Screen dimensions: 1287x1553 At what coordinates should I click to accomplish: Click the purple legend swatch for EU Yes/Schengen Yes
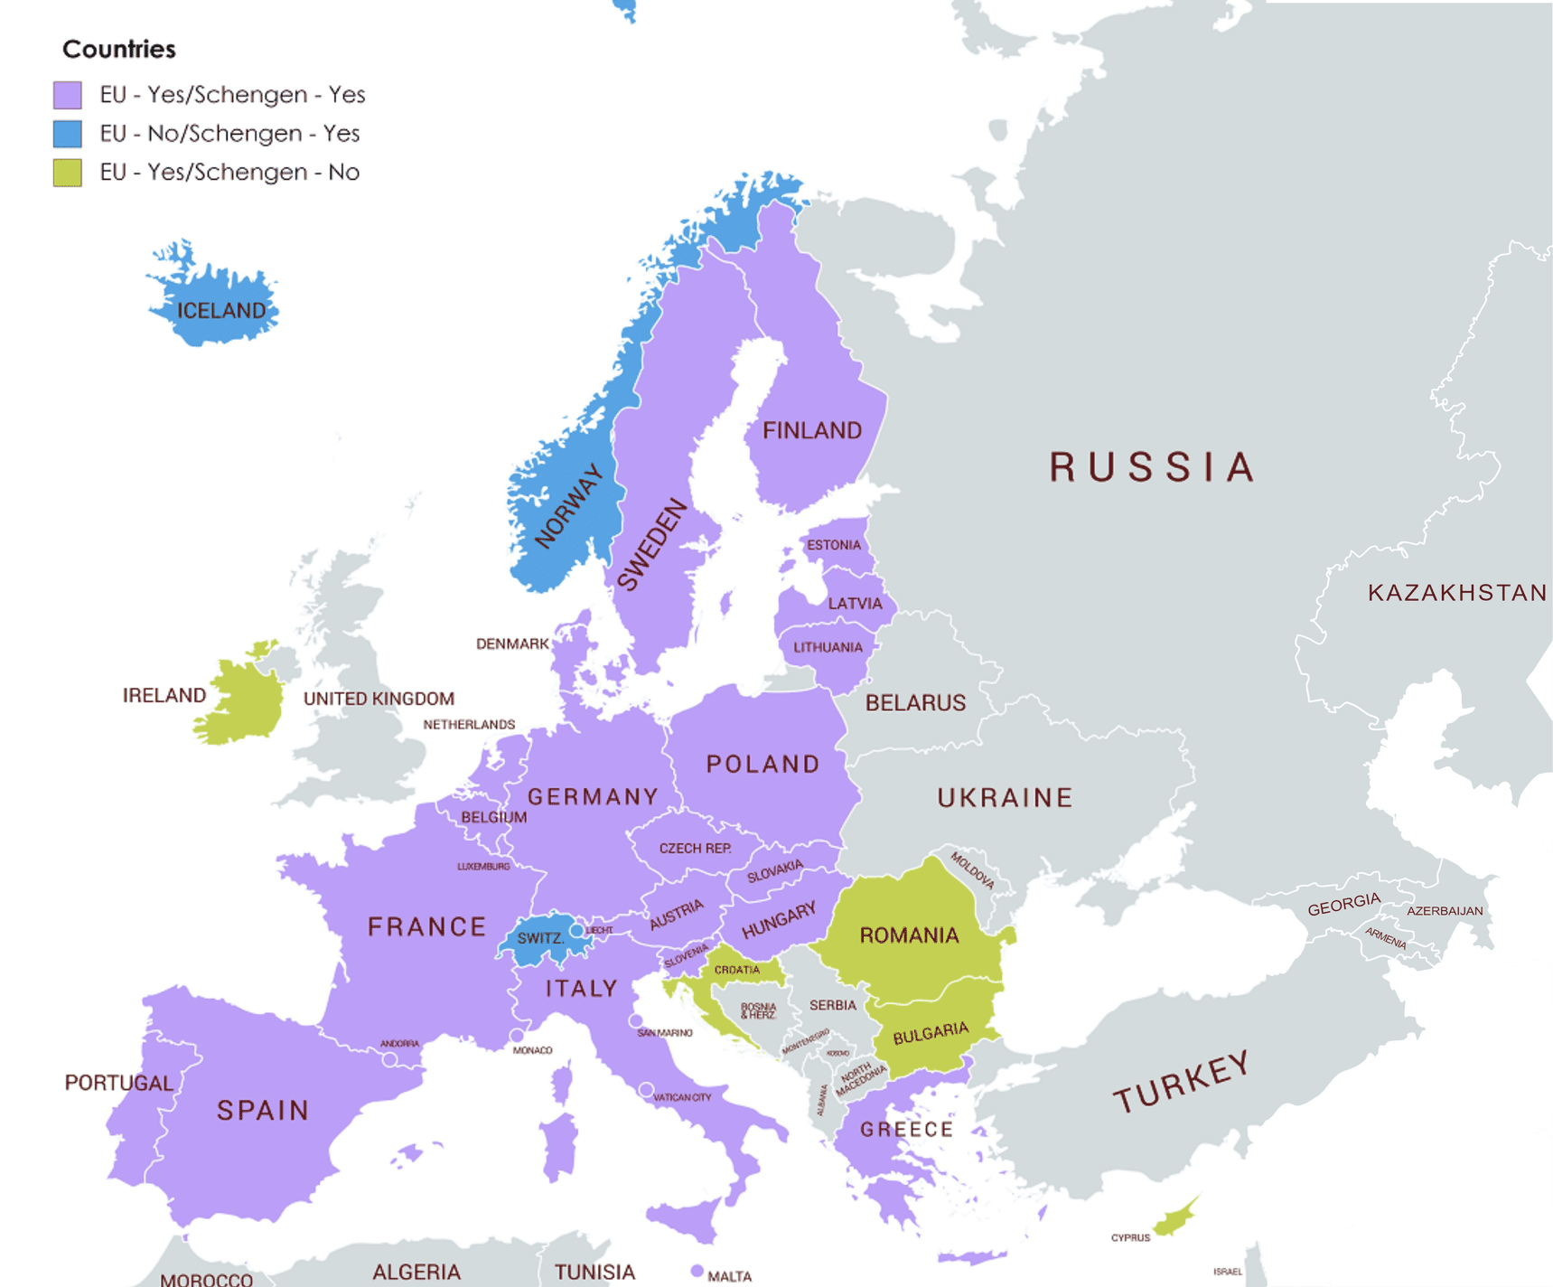coord(68,95)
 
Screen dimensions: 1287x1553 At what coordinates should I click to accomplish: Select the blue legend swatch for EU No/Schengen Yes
coord(68,134)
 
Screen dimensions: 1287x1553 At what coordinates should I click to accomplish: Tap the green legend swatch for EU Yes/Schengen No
coord(68,173)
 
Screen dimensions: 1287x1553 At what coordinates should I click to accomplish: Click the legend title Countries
coord(118,50)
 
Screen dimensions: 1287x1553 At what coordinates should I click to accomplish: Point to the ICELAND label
coord(221,311)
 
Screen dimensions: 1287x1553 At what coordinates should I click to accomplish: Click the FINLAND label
coord(811,431)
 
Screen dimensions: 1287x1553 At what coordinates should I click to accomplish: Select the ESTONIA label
coord(833,545)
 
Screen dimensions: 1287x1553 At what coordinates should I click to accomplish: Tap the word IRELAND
coord(164,695)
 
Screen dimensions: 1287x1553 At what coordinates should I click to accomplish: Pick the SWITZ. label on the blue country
coord(540,938)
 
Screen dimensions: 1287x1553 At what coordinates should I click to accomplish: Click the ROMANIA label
coord(909,935)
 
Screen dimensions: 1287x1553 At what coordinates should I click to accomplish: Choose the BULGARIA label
coord(930,1033)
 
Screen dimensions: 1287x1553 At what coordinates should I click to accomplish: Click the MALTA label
coord(729,1276)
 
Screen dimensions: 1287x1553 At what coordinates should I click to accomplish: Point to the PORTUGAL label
coord(118,1083)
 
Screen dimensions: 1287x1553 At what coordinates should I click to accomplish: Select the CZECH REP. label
coord(695,849)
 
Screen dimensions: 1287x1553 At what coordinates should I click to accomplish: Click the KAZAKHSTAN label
coord(1456,593)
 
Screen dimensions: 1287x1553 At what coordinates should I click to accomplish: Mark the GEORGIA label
coord(1343,905)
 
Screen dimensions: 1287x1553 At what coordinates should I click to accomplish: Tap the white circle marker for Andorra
coord(389,1060)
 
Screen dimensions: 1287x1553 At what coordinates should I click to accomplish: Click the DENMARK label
coord(512,644)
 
